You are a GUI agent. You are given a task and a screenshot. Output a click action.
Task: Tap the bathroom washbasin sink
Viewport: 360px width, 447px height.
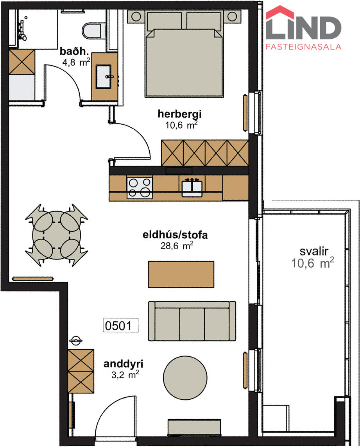[103, 77]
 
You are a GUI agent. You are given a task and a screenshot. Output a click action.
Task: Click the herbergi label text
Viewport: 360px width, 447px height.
[179, 114]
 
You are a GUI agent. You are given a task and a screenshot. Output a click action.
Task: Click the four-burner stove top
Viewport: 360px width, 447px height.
[140, 187]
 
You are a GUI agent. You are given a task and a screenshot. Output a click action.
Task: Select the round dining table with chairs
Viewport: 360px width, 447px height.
[56, 235]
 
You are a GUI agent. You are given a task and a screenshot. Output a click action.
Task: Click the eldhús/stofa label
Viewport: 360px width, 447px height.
[175, 235]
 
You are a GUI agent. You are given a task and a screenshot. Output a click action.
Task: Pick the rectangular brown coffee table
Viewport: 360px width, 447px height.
[181, 274]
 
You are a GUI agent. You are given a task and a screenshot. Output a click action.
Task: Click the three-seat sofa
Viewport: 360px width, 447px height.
[192, 321]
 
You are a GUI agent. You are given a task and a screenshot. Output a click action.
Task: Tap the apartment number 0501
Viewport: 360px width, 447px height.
[118, 325]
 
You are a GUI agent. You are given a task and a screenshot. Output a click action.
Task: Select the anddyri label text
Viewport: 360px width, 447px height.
[123, 364]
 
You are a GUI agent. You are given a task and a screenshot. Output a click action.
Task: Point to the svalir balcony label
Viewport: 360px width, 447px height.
[314, 251]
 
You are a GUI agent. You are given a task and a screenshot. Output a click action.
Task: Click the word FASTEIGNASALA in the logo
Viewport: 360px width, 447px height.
[304, 47]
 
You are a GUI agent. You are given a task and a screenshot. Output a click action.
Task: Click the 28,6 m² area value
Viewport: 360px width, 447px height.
[177, 245]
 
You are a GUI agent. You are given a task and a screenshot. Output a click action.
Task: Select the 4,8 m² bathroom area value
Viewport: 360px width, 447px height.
[76, 62]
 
